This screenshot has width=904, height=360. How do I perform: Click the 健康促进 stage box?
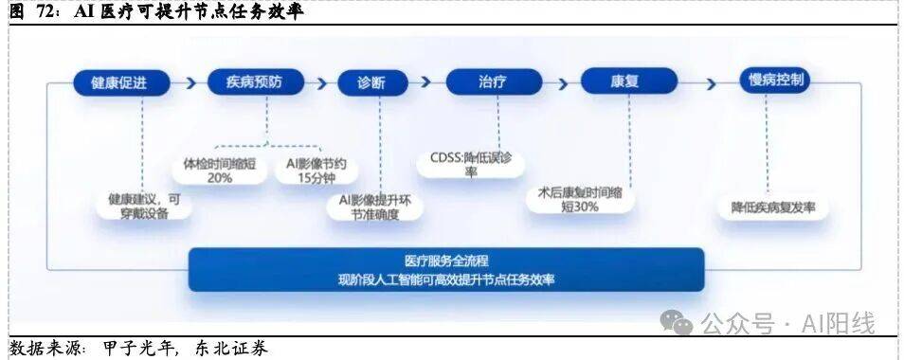pos(121,83)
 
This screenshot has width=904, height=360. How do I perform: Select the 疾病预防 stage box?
pos(256,81)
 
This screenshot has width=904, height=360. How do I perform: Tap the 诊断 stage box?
pos(372,82)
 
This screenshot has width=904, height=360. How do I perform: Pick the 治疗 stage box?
pos(494,81)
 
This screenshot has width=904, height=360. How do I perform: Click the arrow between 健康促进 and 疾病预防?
pos(190,83)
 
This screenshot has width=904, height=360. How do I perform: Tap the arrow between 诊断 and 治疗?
pos(426,81)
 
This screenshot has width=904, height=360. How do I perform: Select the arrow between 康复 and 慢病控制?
pos(711,84)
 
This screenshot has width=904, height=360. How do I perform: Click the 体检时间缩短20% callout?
pos(220,171)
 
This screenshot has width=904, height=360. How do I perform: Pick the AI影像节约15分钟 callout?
pos(316,171)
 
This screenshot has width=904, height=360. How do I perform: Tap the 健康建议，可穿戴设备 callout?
pos(144,206)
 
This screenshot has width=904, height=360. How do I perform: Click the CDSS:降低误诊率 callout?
pos(471,164)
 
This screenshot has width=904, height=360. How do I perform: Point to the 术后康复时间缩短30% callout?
pos(580,199)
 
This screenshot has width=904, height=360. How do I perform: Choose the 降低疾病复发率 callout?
pos(773,207)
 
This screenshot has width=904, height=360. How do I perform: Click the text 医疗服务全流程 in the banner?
pos(447,261)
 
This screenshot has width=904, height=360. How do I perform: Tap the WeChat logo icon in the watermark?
pos(677,321)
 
